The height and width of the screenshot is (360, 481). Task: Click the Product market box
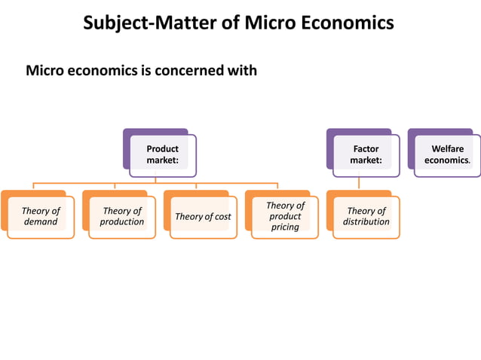pos(162,154)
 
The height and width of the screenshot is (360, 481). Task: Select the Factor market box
pos(366,154)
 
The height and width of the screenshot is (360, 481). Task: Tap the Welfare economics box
pos(447,154)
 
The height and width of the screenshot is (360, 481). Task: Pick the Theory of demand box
pos(41,216)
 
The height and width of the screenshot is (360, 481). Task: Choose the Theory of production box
pos(122,216)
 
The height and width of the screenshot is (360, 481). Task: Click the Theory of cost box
pos(203,217)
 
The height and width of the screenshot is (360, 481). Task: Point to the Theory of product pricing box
pos(285,216)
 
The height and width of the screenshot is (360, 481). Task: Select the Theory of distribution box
pos(366,216)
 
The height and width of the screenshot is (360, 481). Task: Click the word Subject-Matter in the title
pos(148,23)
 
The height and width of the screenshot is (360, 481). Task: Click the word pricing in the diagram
pos(285,227)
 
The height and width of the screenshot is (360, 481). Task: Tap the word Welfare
pos(448,149)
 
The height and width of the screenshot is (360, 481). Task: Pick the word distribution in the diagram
pos(366,221)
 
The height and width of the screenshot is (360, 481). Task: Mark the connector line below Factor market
pos(359,183)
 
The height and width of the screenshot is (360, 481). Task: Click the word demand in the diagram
pos(41,221)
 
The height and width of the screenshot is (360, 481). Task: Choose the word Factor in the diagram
pos(366,149)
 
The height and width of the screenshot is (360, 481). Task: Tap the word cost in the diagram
pos(222,217)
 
